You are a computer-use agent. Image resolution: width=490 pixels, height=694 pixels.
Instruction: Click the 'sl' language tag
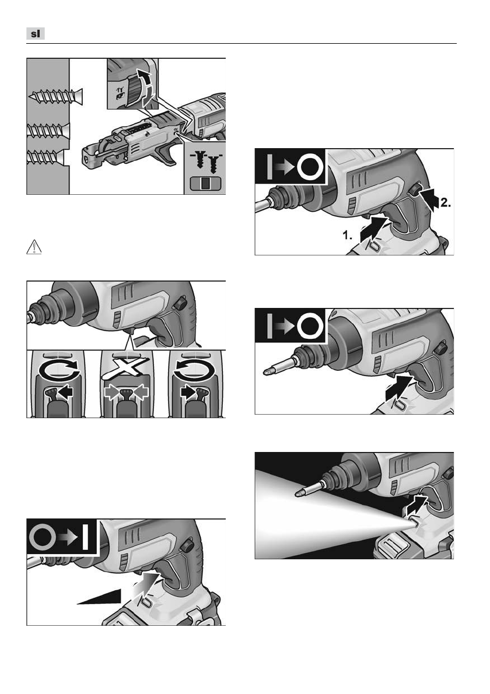coord(36,34)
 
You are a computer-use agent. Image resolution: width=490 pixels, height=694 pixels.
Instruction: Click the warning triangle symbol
coord(34,247)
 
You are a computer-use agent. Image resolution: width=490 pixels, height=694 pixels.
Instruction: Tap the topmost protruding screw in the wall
coord(56,96)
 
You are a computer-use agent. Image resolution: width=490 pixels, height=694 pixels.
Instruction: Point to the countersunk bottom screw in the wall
coord(45,157)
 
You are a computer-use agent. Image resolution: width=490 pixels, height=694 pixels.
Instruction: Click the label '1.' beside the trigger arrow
coord(348,235)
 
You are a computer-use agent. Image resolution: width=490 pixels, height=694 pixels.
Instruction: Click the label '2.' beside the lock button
coord(445,203)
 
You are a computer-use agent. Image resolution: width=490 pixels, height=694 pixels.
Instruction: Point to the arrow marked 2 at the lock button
coord(429,199)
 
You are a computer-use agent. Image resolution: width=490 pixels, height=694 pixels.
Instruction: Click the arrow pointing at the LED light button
coord(418,504)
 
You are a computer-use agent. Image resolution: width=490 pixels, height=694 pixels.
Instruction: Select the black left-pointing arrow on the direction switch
coord(65,392)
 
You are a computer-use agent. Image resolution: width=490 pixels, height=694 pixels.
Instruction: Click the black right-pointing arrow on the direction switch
coord(188,392)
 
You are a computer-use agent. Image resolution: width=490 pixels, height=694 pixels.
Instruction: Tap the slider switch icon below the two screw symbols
coord(204,183)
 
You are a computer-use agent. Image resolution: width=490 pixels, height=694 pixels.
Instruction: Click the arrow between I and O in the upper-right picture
coord(285,167)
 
